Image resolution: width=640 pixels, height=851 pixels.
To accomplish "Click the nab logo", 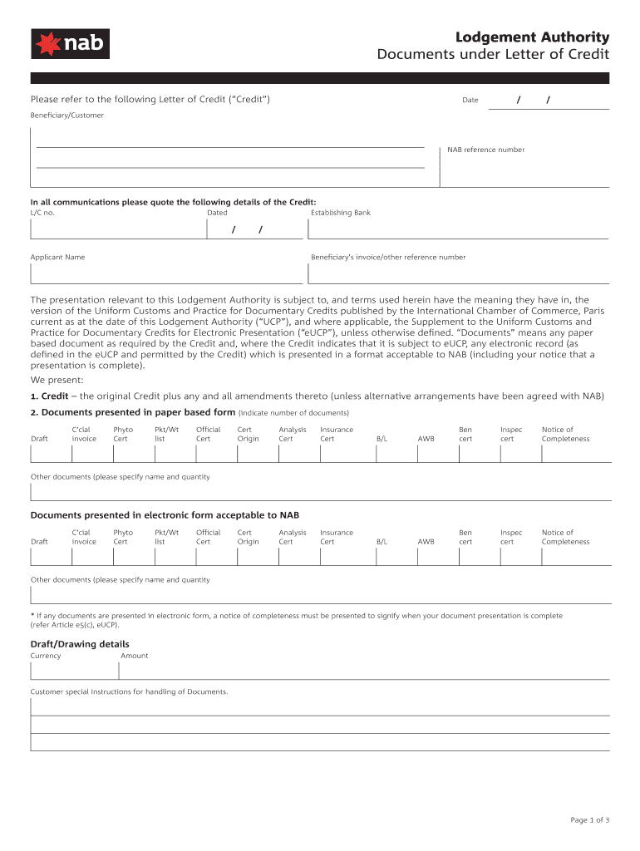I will tap(70, 43).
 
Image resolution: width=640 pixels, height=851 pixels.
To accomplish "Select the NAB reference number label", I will tap(485, 150).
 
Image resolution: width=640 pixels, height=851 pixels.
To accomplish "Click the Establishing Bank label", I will tap(340, 213).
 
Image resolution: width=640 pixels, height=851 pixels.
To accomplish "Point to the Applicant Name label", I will tap(57, 257).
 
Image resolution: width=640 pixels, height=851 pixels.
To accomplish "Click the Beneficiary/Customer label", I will tap(67, 116).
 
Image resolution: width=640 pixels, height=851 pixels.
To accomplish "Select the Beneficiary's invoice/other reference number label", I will tap(388, 257).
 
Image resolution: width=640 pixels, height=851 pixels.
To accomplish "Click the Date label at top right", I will tap(470, 101).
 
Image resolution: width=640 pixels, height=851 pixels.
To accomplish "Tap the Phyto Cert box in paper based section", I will tap(133, 454).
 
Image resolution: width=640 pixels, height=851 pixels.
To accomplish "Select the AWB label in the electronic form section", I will tap(426, 542).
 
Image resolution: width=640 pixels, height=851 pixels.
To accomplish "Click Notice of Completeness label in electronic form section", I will tap(565, 537).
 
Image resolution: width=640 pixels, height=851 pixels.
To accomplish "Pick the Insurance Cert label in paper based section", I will tap(337, 434).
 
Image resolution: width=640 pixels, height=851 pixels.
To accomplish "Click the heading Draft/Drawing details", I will tap(80, 644).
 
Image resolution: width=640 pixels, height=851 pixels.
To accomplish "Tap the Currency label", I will tap(46, 656).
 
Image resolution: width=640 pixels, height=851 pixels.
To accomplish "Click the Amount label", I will tap(135, 656).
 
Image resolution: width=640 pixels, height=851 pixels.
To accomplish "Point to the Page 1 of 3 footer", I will tap(589, 820).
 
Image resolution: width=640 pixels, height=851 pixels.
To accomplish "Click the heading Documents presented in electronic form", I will tap(165, 515).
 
